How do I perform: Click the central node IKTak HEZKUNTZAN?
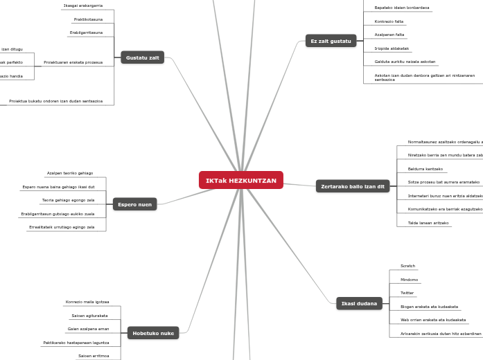point(240,181)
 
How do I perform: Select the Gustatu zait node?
point(142,57)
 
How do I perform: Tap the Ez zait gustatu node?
point(331,41)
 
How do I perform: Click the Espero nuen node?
point(134,204)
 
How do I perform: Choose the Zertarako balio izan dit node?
point(353,186)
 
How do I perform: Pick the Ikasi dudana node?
point(359,303)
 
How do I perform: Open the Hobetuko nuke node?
point(153,333)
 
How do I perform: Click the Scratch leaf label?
point(407,266)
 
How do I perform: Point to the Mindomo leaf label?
point(409,280)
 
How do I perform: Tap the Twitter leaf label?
point(407,293)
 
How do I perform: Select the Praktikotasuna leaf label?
point(88,19)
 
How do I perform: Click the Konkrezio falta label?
point(389,21)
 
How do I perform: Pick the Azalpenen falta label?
point(389,35)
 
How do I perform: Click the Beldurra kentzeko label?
point(425,169)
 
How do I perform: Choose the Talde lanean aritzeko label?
point(428,223)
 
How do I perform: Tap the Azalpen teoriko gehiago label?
point(70,173)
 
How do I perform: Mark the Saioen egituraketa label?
point(89,316)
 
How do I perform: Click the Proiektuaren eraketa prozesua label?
point(73,62)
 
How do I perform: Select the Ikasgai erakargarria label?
point(82,6)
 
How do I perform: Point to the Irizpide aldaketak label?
point(392,48)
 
